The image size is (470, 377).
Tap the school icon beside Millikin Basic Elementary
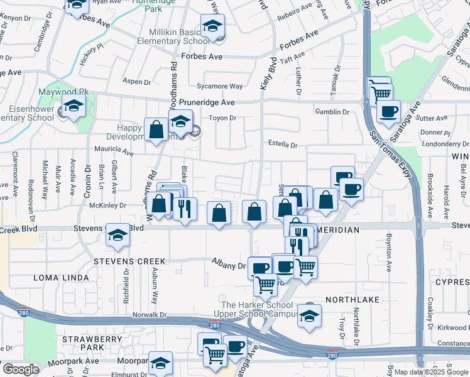point(213,27)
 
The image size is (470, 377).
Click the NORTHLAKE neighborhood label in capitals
point(352,300)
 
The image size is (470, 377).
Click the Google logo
point(20,370)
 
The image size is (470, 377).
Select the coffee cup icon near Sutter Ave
point(388,111)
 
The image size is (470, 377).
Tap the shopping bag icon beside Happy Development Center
point(156,129)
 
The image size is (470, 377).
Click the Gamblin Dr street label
point(333,112)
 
